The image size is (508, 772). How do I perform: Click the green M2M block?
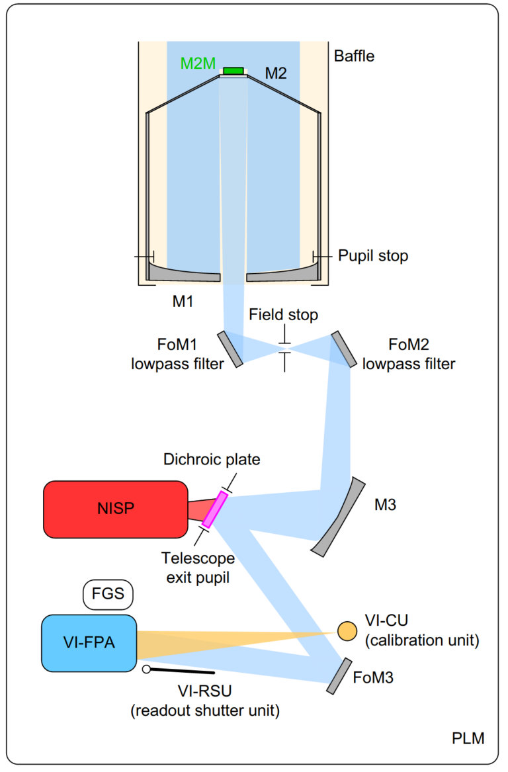(233, 71)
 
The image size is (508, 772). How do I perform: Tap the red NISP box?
(115, 509)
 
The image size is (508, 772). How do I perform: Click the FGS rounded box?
(108, 594)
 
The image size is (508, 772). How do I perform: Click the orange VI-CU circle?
(347, 630)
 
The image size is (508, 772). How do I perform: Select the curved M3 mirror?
(340, 517)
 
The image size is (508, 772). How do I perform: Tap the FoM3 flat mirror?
(339, 675)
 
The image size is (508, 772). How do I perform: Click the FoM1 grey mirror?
(230, 348)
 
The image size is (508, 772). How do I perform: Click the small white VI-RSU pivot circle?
(146, 669)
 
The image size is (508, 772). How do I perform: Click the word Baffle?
(354, 56)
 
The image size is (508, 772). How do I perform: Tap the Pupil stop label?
(373, 255)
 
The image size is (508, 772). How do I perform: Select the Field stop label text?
(283, 315)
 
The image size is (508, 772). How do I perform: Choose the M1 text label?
(183, 302)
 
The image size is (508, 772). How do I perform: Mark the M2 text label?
(276, 73)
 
